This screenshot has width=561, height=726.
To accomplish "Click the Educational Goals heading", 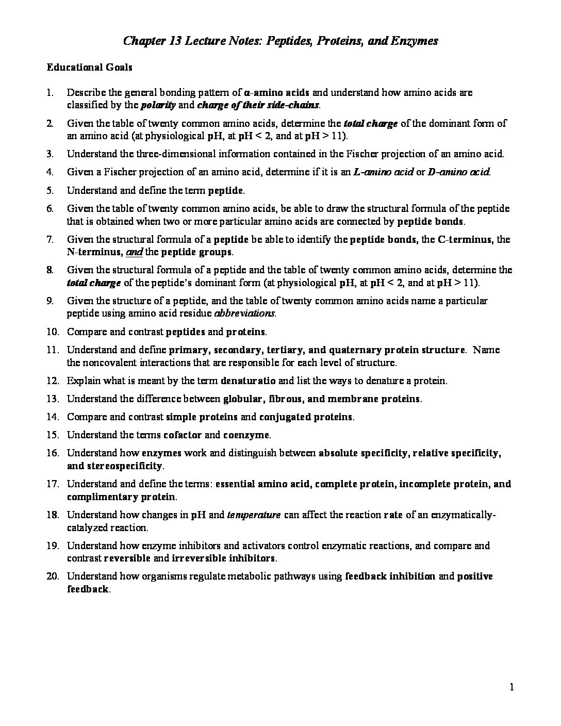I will [90, 68].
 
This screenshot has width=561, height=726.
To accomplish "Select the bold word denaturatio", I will [248, 381].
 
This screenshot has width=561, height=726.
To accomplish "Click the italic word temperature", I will [254, 515].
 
